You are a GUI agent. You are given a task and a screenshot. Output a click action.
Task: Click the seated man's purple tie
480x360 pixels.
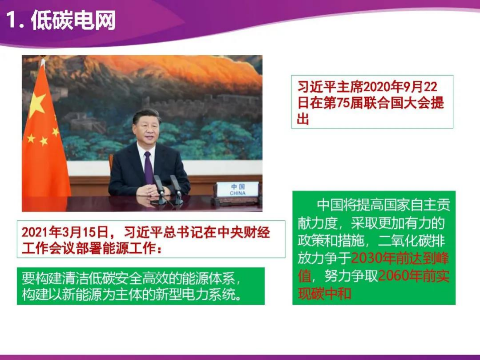click(x=148, y=167)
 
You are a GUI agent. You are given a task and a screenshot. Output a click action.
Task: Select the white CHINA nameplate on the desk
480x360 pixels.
click(x=238, y=190)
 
